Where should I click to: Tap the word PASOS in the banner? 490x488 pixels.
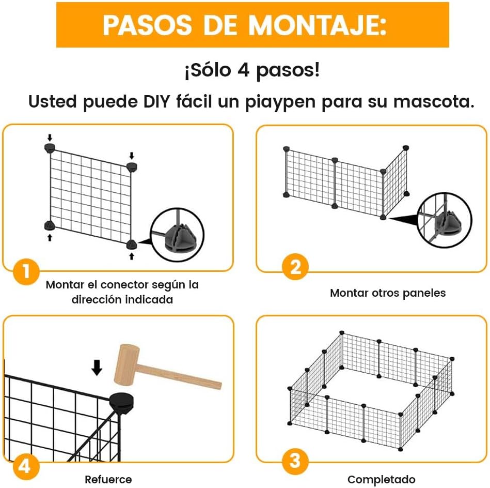click(148, 25)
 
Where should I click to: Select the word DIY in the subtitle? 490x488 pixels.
click(156, 101)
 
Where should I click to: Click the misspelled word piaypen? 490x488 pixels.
click(280, 102)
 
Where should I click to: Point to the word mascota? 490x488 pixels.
click(434, 102)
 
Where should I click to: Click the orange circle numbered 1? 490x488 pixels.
click(26, 271)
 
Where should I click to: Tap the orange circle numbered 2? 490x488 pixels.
click(295, 267)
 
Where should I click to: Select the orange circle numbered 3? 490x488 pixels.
click(295, 461)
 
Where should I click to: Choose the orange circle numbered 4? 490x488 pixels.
click(26, 467)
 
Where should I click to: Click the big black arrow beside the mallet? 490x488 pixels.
click(97, 367)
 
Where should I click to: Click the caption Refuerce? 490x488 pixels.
click(108, 479)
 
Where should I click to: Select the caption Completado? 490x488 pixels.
click(381, 479)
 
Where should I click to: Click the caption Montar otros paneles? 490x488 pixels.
click(388, 293)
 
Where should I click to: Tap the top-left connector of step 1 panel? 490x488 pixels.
click(50, 148)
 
